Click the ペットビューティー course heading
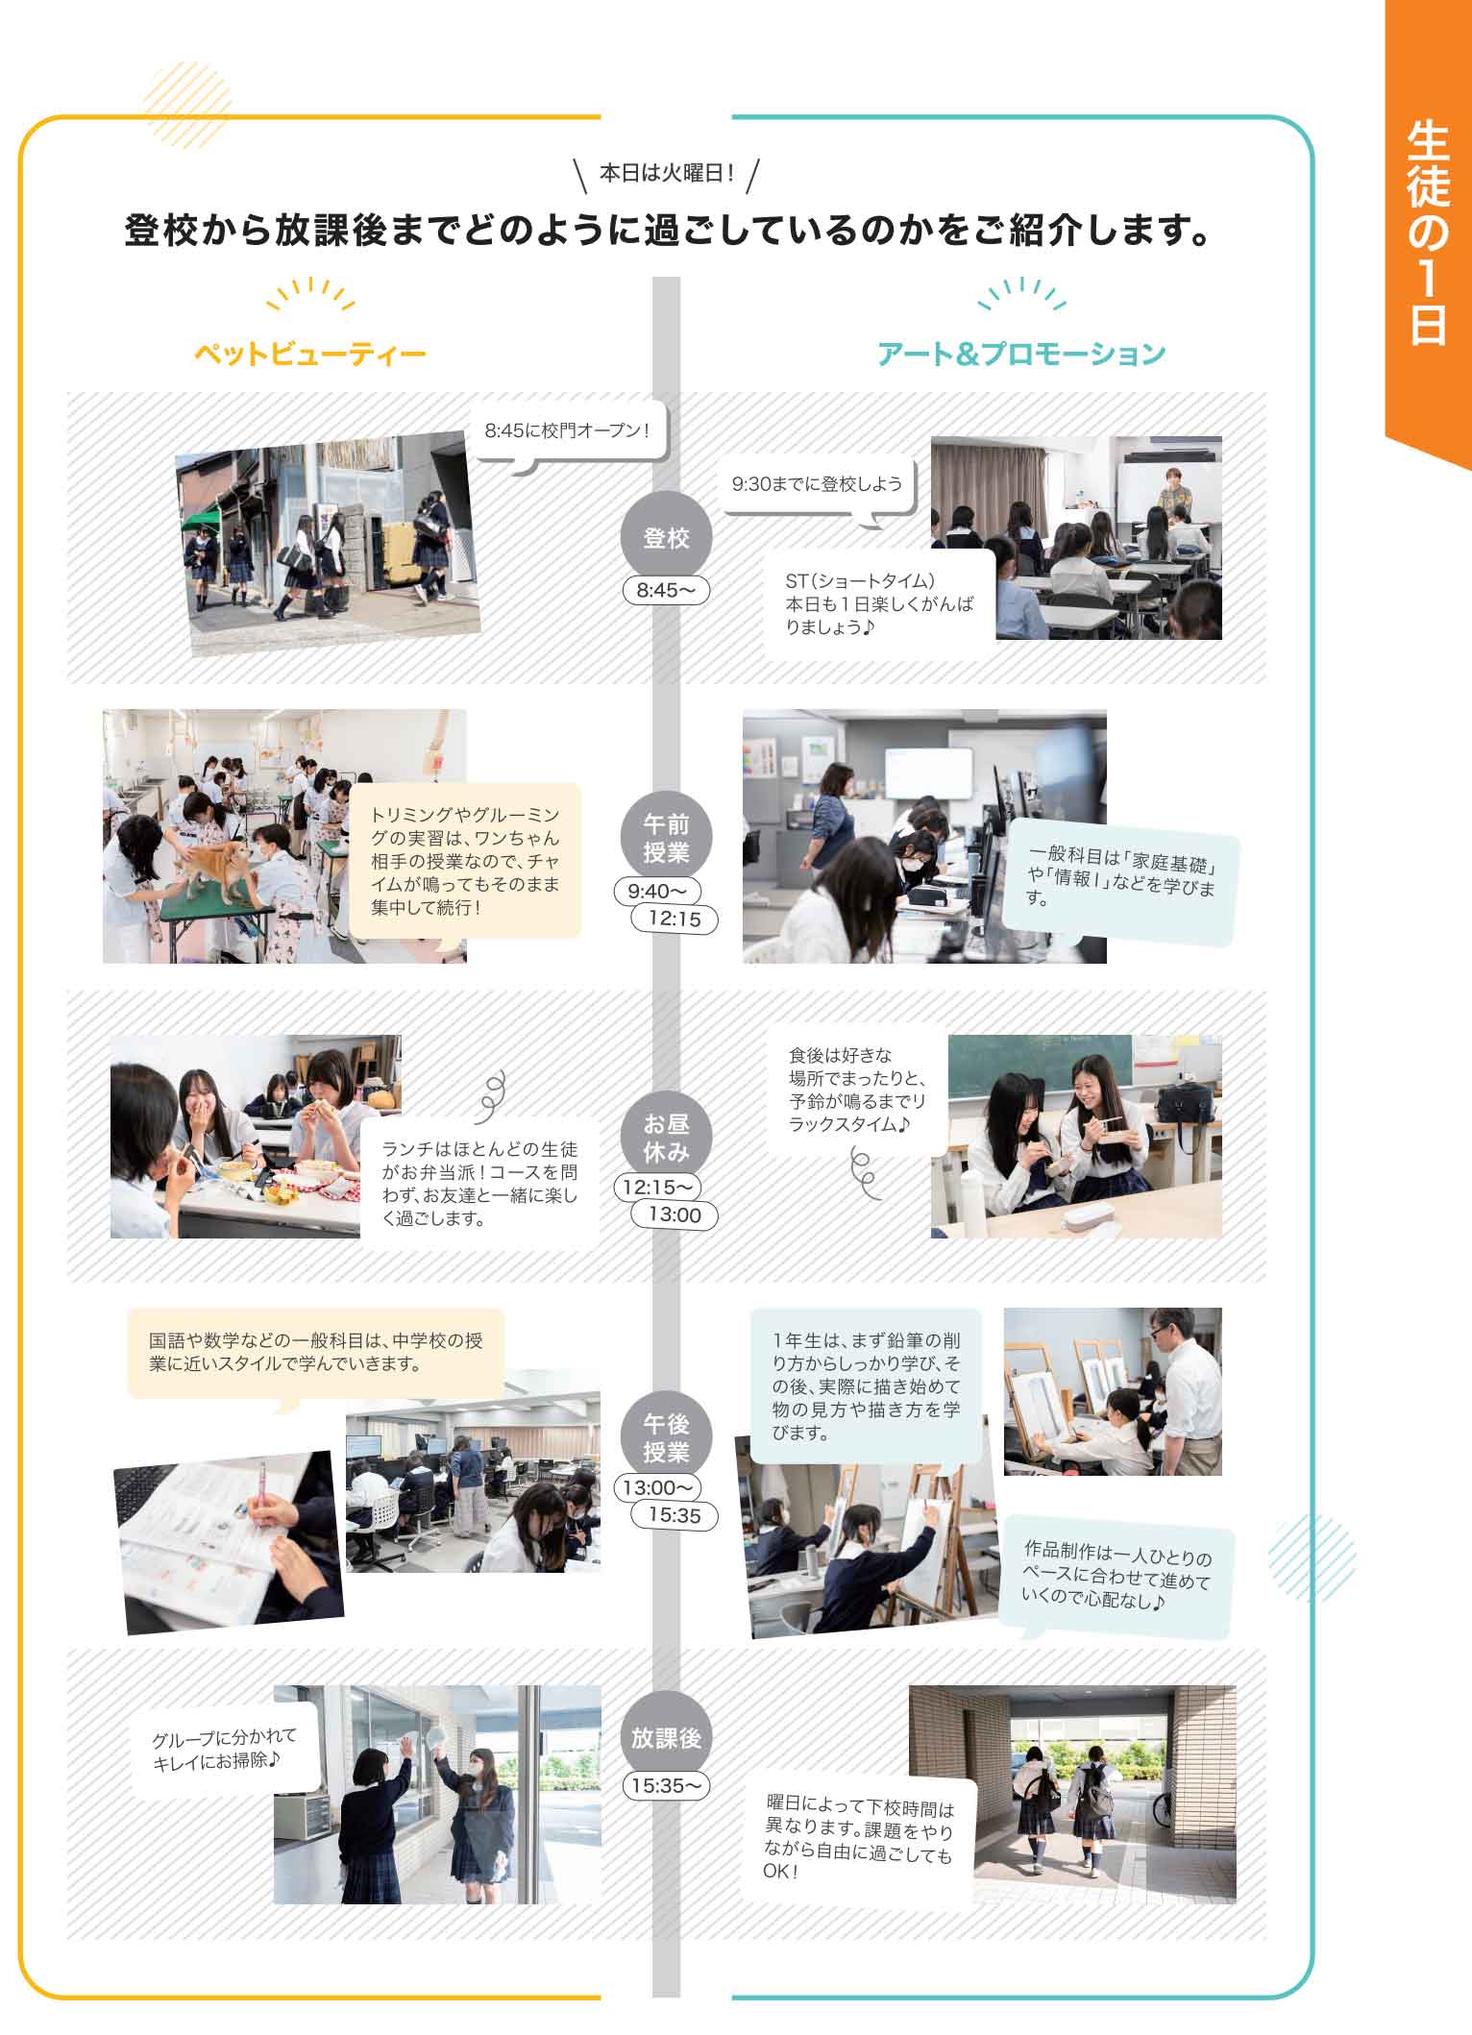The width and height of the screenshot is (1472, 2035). click(309, 354)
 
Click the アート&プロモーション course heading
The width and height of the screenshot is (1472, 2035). click(1020, 354)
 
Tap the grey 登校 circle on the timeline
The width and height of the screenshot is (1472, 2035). click(666, 538)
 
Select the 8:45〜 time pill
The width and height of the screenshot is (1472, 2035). click(666, 590)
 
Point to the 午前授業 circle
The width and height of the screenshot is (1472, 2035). click(666, 837)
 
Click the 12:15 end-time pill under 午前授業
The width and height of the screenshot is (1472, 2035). click(675, 919)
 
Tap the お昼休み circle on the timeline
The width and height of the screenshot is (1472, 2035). click(666, 1137)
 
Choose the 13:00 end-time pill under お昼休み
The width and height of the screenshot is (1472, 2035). click(675, 1214)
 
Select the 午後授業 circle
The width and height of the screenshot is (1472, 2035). click(666, 1437)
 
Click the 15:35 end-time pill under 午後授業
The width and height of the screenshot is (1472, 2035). click(675, 1515)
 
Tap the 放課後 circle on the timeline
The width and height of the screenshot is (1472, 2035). click(666, 1737)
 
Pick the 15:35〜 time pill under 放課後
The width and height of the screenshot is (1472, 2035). click(666, 1785)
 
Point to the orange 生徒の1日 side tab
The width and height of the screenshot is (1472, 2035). click(1428, 231)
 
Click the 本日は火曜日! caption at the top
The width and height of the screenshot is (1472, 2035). click(666, 174)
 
